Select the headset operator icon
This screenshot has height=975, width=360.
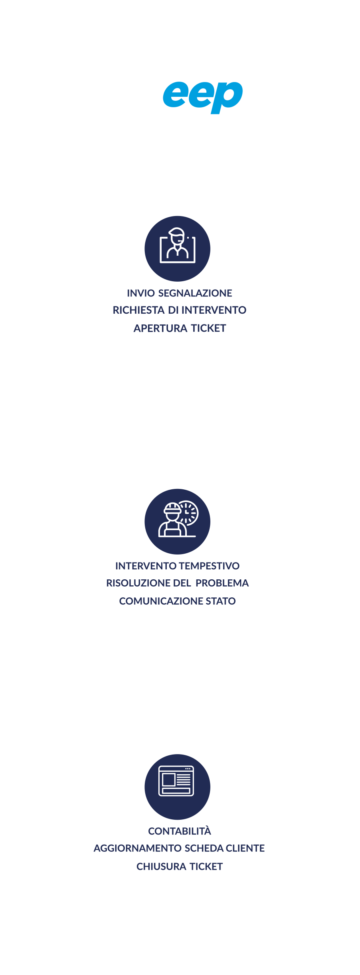pos(178,246)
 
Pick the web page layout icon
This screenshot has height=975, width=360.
pos(176,781)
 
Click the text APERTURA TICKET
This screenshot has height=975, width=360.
pos(180,328)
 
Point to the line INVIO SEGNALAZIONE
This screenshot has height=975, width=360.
pos(180,293)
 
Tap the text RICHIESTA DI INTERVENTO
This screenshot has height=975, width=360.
pos(180,310)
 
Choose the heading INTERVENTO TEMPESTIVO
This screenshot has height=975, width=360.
pos(177,566)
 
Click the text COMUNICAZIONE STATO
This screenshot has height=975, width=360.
pos(177,601)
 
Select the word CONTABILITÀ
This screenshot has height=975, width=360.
pos(180,831)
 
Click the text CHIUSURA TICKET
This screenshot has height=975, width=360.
pos(180,867)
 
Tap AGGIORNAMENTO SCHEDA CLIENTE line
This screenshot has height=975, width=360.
pos(179,849)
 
